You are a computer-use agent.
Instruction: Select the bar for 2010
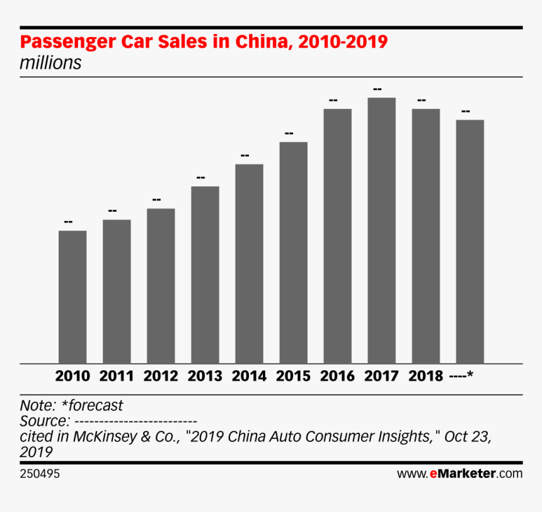point(72,297)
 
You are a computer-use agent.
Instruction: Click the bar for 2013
point(205,275)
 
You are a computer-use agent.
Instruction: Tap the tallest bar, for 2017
point(381,230)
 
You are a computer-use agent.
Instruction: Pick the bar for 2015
point(293,253)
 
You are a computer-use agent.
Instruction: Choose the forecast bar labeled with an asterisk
point(470,241)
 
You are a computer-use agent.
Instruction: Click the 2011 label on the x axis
point(117,377)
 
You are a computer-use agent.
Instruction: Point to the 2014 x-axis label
point(249,377)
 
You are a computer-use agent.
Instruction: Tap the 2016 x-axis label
point(337,377)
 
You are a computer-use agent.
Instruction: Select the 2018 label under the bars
point(425,377)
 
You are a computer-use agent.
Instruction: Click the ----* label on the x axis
point(462,377)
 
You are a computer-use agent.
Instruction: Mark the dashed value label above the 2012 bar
point(156,200)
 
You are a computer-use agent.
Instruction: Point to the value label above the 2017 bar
point(377,89)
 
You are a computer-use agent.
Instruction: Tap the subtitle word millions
point(50,63)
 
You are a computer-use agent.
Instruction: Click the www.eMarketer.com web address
point(459,474)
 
